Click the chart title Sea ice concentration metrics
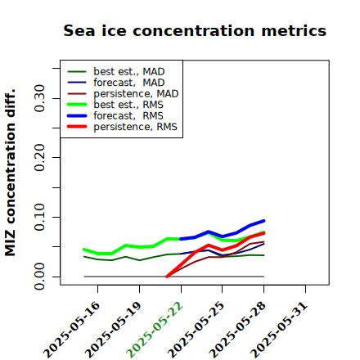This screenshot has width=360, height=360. pos(195,30)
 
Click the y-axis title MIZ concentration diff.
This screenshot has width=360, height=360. pos(10,173)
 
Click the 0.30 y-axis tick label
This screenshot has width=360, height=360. pos(40,98)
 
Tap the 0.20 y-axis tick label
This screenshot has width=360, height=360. pos(40,157)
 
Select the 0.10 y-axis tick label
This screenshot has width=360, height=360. pos(40,217)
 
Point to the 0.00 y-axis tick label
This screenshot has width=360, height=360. pos(40,277)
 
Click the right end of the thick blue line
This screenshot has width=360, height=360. pos(263,221)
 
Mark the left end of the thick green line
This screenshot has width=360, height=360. pos(84,250)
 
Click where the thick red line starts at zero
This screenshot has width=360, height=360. pos(167,277)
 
